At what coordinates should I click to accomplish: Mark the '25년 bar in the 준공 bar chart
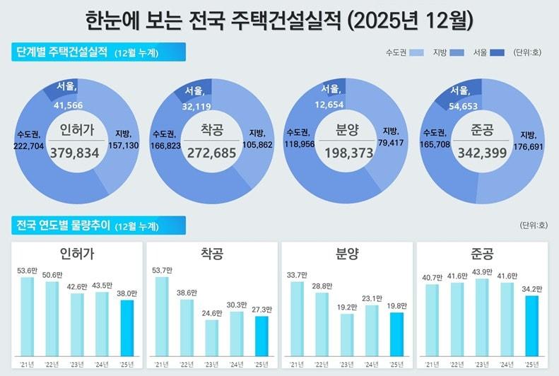click(531, 324)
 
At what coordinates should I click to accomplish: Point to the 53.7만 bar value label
click(162, 270)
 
